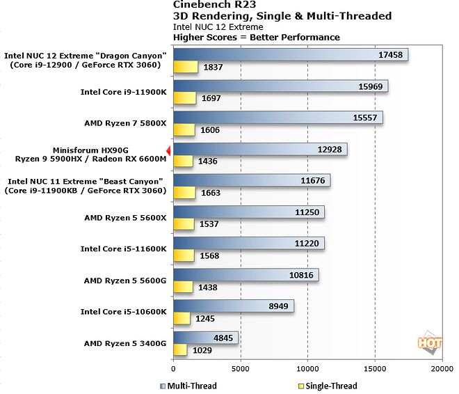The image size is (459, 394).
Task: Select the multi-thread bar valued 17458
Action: (289, 55)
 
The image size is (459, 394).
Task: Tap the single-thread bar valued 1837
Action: (185, 67)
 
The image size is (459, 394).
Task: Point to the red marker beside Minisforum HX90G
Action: (168, 150)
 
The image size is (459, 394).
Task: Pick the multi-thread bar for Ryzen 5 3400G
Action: (205, 337)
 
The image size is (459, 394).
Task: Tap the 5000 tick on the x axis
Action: (240, 370)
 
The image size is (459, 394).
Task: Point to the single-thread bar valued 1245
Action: (182, 318)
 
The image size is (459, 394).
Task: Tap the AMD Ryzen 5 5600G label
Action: (125, 281)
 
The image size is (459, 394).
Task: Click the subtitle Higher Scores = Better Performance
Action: (257, 37)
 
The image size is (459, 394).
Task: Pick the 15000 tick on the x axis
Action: (374, 370)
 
